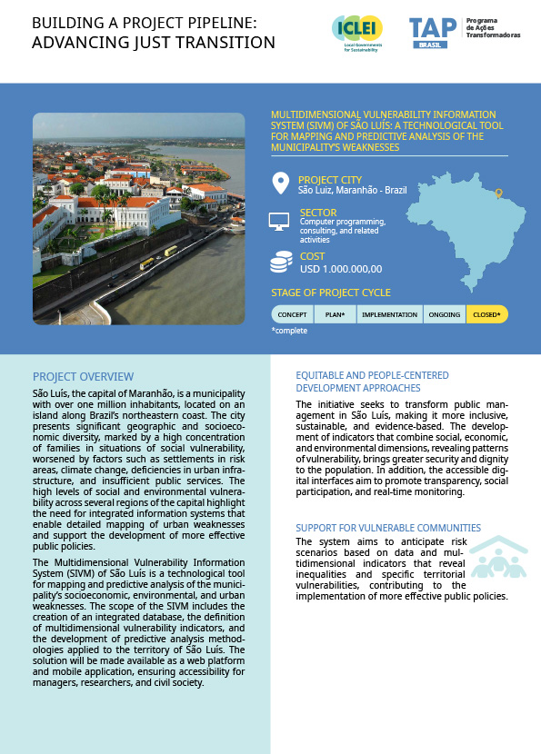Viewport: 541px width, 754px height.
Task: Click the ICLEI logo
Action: (x=357, y=34)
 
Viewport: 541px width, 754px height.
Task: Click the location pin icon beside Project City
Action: (x=280, y=184)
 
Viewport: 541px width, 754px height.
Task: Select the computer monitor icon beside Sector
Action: (x=280, y=221)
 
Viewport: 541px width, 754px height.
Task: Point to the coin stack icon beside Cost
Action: (x=280, y=263)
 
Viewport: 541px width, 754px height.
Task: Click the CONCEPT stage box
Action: (x=292, y=314)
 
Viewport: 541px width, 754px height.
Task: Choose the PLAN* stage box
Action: (x=334, y=314)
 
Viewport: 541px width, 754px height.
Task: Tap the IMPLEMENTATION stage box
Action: (x=388, y=314)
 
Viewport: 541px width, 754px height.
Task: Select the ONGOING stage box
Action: (x=444, y=314)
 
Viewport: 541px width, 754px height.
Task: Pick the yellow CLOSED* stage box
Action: (x=487, y=314)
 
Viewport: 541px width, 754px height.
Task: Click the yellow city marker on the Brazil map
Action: (x=497, y=193)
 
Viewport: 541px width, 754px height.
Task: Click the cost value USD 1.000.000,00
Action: (x=340, y=268)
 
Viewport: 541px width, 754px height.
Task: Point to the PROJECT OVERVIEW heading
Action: (x=83, y=376)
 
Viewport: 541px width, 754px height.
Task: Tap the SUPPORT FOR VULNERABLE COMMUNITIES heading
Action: (x=388, y=528)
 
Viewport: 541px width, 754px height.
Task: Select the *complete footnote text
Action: (x=289, y=331)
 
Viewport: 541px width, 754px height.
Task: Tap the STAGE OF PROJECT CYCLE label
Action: (x=331, y=293)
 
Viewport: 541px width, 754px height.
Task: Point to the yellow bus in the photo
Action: (x=170, y=251)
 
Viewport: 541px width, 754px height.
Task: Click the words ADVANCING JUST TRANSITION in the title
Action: (x=154, y=42)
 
